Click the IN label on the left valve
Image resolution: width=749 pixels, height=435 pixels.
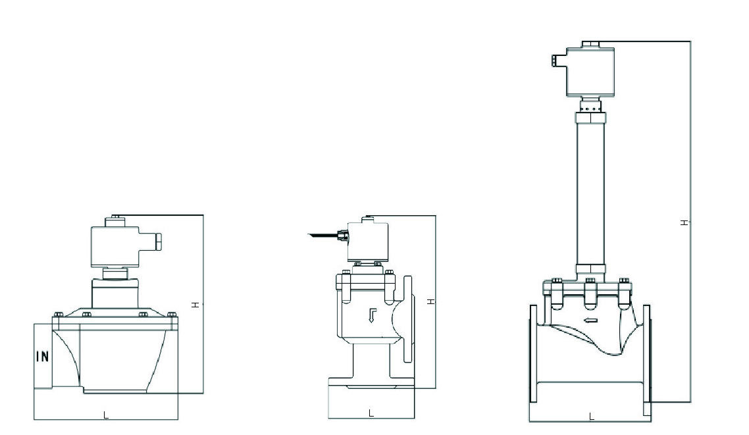(x=42, y=357)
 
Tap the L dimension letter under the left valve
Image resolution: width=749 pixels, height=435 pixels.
(x=106, y=414)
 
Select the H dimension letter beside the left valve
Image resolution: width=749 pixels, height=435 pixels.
(x=195, y=304)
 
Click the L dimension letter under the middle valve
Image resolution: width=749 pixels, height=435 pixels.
(x=371, y=413)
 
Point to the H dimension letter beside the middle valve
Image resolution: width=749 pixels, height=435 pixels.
(x=430, y=301)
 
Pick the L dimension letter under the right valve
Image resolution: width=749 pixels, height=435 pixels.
(x=591, y=417)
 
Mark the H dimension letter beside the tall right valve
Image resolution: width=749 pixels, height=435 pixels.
(x=684, y=223)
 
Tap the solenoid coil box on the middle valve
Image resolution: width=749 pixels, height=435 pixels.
(x=367, y=241)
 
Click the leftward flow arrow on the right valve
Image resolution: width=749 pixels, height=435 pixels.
(x=591, y=321)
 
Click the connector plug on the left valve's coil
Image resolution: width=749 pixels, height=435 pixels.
(x=157, y=243)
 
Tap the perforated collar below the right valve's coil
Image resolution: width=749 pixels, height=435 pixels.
(x=591, y=105)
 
